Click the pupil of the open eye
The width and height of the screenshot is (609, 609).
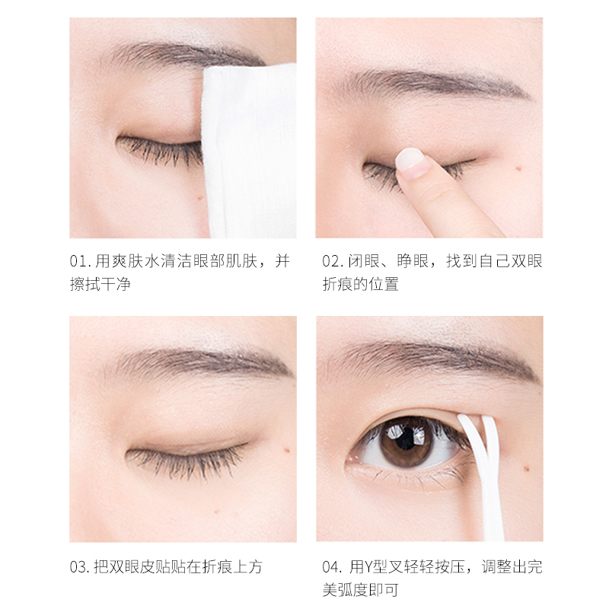coord(407,438)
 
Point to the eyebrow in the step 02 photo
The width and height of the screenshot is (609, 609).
coord(431,84)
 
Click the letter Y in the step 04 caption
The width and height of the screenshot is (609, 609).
coord(368,567)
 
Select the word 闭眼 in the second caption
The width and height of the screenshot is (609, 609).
coord(364,261)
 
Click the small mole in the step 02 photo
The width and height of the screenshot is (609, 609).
coord(518,168)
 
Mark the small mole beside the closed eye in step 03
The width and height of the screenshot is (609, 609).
coord(288,451)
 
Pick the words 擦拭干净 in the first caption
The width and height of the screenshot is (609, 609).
coord(100,284)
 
